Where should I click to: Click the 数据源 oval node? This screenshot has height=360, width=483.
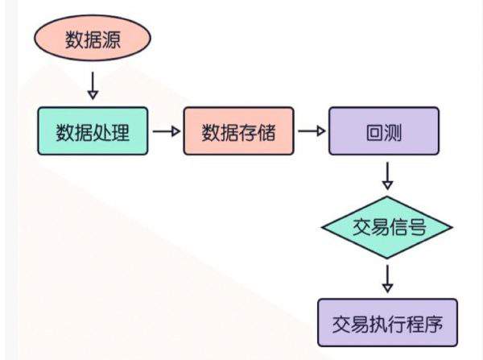tap(92, 41)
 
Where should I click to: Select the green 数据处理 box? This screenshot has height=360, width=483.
tap(93, 131)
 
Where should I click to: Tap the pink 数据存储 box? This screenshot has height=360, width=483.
tap(239, 131)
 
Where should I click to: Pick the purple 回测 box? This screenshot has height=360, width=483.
tap(384, 131)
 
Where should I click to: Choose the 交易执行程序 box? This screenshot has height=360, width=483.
tap(387, 325)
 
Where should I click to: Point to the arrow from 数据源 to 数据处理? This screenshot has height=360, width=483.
tap(92, 85)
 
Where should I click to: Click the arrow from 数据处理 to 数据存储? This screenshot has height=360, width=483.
tap(166, 131)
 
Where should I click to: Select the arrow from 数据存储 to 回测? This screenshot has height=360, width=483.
tap(312, 131)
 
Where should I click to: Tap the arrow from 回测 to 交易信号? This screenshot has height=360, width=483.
tap(388, 174)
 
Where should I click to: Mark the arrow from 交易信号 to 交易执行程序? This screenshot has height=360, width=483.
tap(388, 279)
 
